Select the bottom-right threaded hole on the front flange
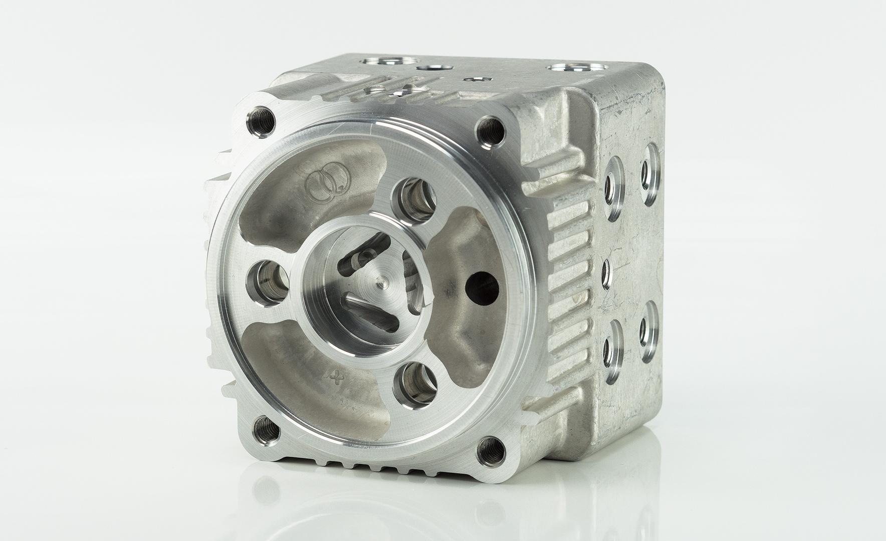coord(490,448)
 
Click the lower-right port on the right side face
coord(649,330)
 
